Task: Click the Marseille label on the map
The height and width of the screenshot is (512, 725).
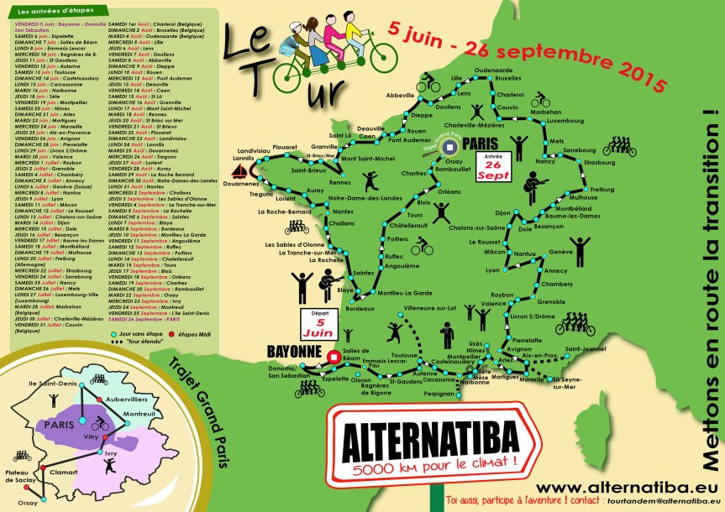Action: (x=532, y=379)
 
